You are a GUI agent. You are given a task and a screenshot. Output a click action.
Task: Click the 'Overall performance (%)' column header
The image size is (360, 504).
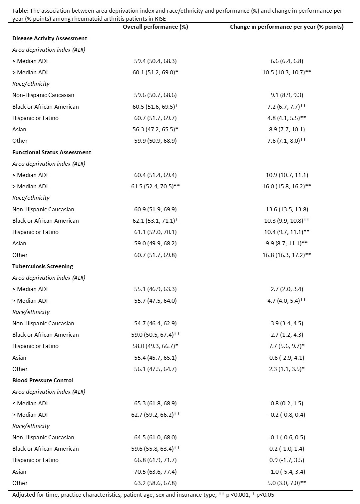(x=155, y=27)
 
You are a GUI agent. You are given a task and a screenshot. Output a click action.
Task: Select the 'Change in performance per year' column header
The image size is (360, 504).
(x=286, y=27)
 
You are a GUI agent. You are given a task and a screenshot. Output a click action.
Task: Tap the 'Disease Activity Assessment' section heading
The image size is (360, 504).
(x=50, y=38)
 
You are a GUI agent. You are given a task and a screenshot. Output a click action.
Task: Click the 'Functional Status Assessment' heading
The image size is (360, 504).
(x=52, y=152)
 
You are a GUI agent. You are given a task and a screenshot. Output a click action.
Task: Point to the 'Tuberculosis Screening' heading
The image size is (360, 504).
(x=43, y=266)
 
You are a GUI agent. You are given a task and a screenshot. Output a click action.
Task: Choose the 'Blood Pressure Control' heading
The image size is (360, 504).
(x=43, y=380)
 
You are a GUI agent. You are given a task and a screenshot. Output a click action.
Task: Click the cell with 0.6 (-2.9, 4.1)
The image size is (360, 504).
(x=286, y=358)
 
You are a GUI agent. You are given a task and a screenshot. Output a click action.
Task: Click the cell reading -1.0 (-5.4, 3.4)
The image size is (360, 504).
(x=286, y=472)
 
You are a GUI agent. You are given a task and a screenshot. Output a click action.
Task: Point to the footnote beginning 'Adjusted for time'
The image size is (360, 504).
(x=143, y=495)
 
